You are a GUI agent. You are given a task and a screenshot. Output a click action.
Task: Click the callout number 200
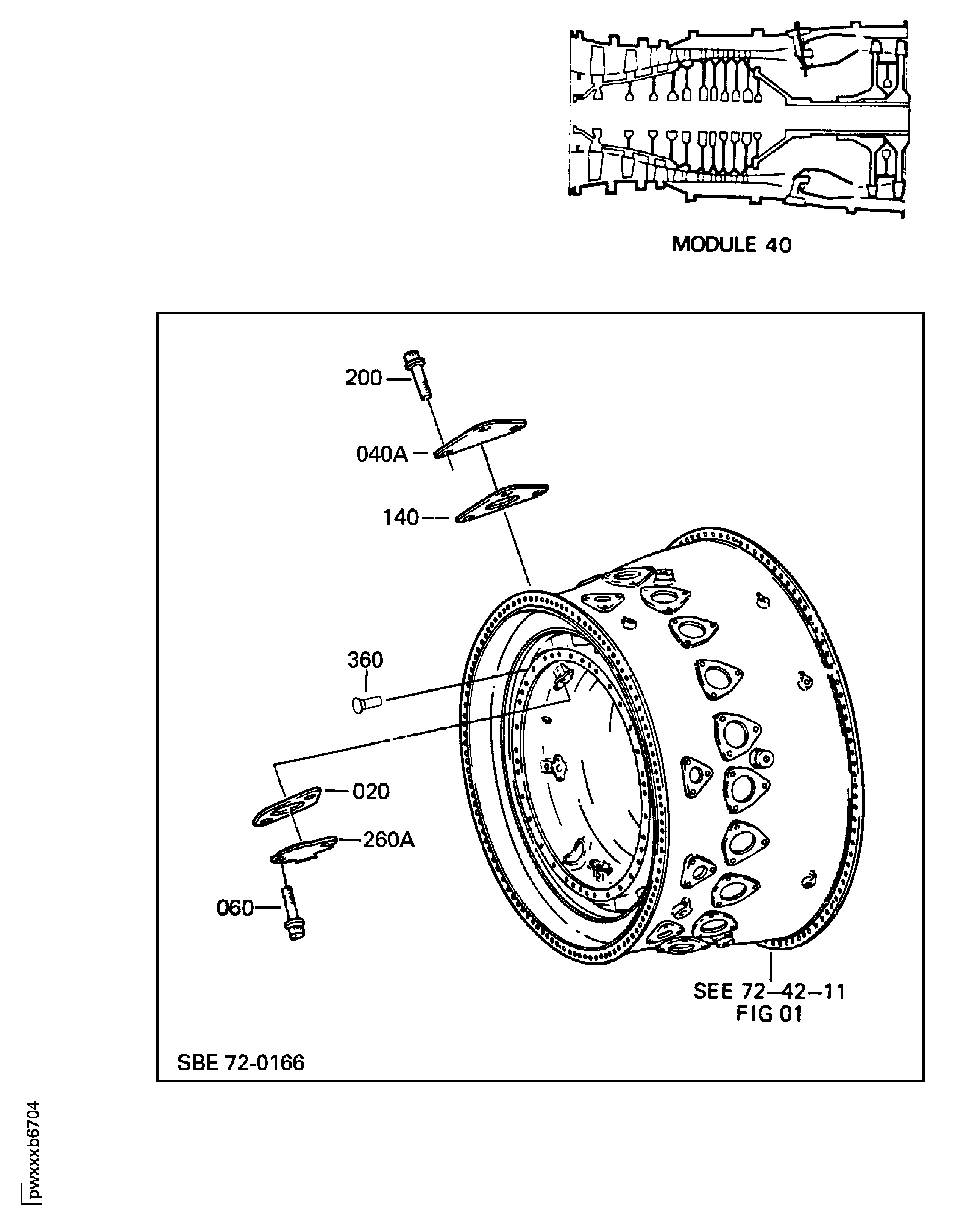tap(364, 378)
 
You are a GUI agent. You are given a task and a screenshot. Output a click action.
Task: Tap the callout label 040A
tap(382, 454)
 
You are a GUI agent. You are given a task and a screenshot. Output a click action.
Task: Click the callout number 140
tap(401, 518)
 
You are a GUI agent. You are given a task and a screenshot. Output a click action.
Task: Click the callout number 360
tap(365, 660)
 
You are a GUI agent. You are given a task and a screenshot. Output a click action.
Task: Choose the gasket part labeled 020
tap(287, 806)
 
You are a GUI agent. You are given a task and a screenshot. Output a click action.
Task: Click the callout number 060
tap(235, 908)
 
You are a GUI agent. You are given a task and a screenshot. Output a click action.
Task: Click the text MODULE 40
tap(731, 245)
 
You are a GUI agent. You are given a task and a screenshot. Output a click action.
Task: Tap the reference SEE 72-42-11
tap(769, 992)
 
